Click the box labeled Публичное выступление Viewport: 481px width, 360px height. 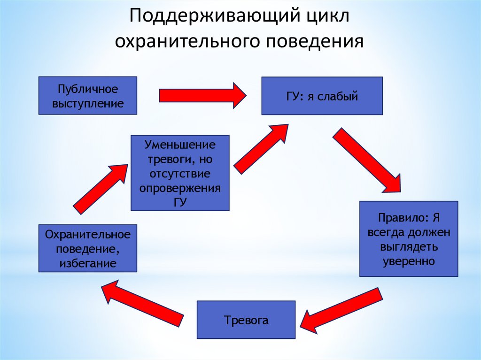pyautogui.click(x=87, y=96)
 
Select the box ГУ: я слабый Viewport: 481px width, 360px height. pyautogui.click(x=322, y=96)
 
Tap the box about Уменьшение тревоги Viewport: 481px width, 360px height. pyautogui.click(x=180, y=172)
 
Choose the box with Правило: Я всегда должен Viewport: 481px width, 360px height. pyautogui.click(x=408, y=238)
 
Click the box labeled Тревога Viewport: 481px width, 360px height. pyautogui.click(x=246, y=320)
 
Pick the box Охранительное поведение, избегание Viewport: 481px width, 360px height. pyautogui.click(x=87, y=248)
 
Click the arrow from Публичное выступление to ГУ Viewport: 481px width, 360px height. pyautogui.click(x=202, y=95)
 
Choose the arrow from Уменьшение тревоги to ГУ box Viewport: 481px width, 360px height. pyautogui.click(x=261, y=148)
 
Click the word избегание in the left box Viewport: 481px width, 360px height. pyautogui.click(x=88, y=263)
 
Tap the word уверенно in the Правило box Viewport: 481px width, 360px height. pyautogui.click(x=409, y=260)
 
